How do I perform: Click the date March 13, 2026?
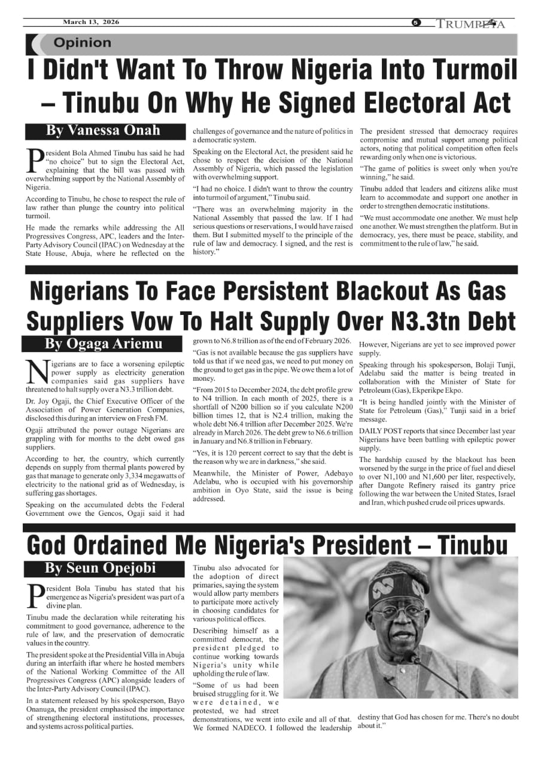pos(91,22)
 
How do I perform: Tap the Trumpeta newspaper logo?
pos(470,24)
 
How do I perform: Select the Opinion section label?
pos(82,43)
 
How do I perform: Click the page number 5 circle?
pos(416,23)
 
